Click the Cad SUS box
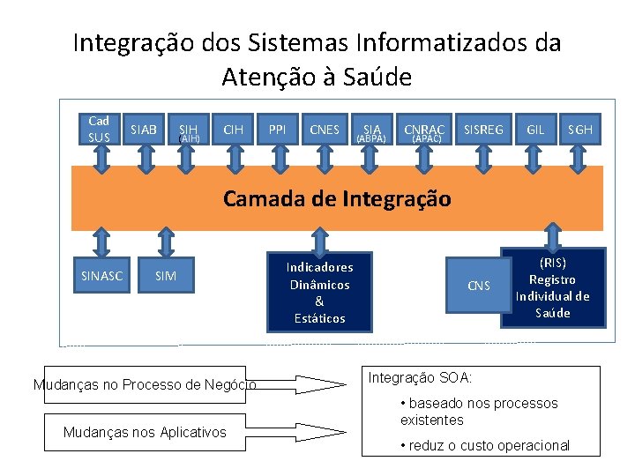pyautogui.click(x=100, y=129)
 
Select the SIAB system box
pyautogui.click(x=144, y=130)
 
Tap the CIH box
pyautogui.click(x=234, y=130)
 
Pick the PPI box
pyautogui.click(x=279, y=130)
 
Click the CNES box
pyautogui.click(x=325, y=130)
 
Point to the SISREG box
pyautogui.click(x=483, y=130)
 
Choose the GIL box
pyautogui.click(x=535, y=130)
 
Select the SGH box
pyautogui.click(x=580, y=130)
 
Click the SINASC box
pyautogui.click(x=102, y=276)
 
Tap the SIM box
pyautogui.click(x=166, y=276)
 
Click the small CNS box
pyautogui.click(x=479, y=285)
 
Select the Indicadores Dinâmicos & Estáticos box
pyautogui.click(x=319, y=292)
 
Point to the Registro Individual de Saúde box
pyautogui.click(x=553, y=287)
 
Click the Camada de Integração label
pyautogui.click(x=337, y=199)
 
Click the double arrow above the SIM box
pyautogui.click(x=166, y=242)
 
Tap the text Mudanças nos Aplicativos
pyautogui.click(x=145, y=432)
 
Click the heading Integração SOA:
pyautogui.click(x=420, y=378)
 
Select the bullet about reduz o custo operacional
pyautogui.click(x=484, y=445)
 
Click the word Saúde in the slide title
pyautogui.click(x=370, y=78)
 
